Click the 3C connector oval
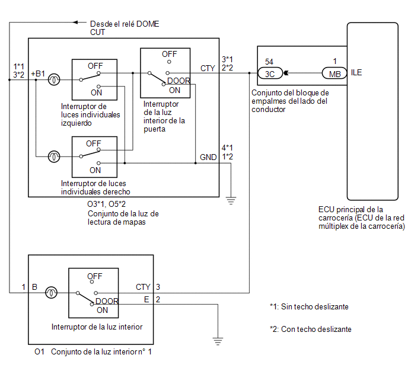click(x=270, y=73)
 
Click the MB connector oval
click(x=334, y=73)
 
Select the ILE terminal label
click(x=356, y=72)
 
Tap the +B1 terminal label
click(x=38, y=74)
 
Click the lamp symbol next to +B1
click(x=54, y=79)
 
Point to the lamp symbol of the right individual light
click(x=54, y=156)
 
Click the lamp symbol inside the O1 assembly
click(x=51, y=293)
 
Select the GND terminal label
click(x=208, y=157)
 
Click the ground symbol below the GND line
click(x=231, y=201)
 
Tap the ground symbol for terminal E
click(x=218, y=341)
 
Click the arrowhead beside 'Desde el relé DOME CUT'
click(x=76, y=23)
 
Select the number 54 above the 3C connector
click(x=269, y=62)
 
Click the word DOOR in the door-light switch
click(x=179, y=81)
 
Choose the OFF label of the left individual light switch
click(x=95, y=66)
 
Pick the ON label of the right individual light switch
click(x=95, y=170)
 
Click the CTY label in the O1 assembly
click(x=143, y=287)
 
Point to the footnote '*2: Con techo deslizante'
click(x=311, y=329)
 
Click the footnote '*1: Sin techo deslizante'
click(x=309, y=307)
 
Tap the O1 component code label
click(x=39, y=352)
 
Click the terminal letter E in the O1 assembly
click(x=146, y=299)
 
